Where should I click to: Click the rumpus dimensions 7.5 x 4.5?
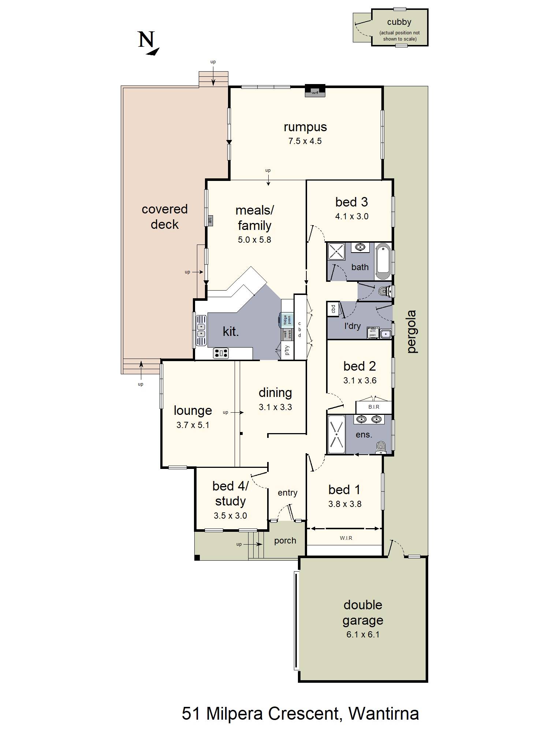point(305,141)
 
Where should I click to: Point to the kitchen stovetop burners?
point(221,353)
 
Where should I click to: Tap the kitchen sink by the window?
point(201,330)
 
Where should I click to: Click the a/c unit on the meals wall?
point(210,220)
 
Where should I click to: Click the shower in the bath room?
point(336,251)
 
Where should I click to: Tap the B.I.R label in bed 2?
point(374,407)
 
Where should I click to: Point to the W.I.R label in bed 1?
point(346,538)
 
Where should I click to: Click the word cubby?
point(399,22)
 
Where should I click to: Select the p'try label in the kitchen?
point(287,350)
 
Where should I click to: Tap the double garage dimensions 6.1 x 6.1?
point(363,635)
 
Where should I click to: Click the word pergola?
point(412,332)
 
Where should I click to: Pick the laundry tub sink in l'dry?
point(384,333)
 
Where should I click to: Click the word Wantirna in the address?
point(384,713)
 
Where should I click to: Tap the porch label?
point(285,541)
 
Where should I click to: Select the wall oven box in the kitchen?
point(287,334)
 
